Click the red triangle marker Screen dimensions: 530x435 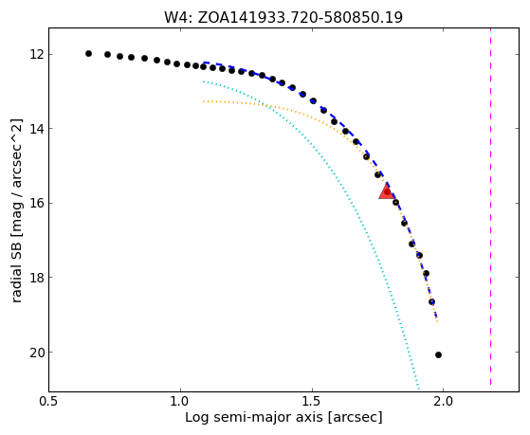pos(386,191)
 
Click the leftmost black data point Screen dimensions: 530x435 pos(88,53)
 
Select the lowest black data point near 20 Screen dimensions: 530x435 pos(438,354)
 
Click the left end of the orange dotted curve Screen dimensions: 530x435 pos(204,101)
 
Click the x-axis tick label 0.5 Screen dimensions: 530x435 pos(49,401)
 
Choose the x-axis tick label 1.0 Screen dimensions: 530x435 pos(180,401)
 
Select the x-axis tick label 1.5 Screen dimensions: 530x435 pos(312,401)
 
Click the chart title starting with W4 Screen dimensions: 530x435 pos(283,18)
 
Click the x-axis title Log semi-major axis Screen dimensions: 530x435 pos(283,418)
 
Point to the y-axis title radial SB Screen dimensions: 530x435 pos(17,210)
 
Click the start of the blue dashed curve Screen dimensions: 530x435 pos(204,63)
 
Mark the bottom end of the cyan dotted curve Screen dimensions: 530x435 pos(419,389)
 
